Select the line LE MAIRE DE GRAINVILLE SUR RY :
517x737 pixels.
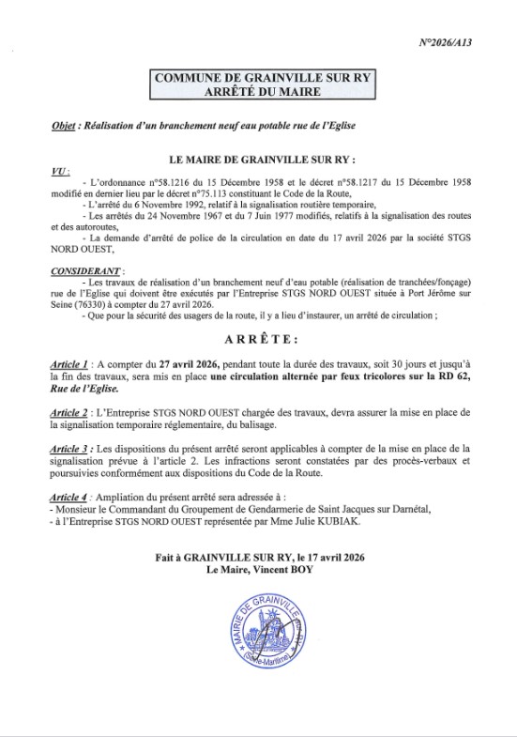[259, 161]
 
